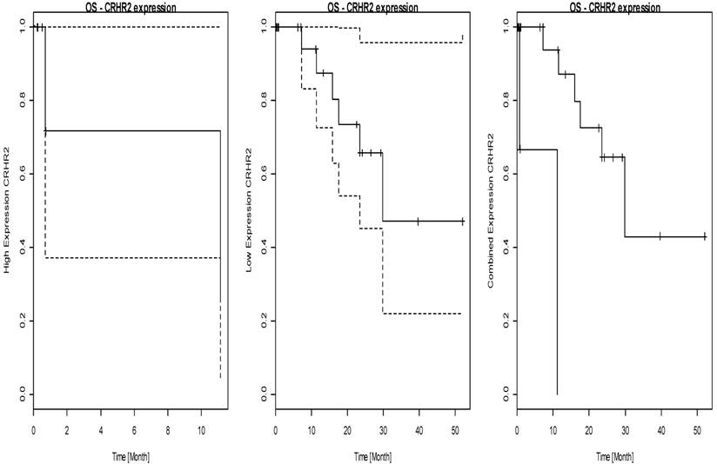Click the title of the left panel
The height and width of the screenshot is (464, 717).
(x=127, y=7)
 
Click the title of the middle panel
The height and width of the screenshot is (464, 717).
(x=369, y=7)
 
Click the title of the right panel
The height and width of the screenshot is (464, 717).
(x=610, y=7)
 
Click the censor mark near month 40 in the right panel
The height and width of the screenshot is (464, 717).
(x=660, y=236)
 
